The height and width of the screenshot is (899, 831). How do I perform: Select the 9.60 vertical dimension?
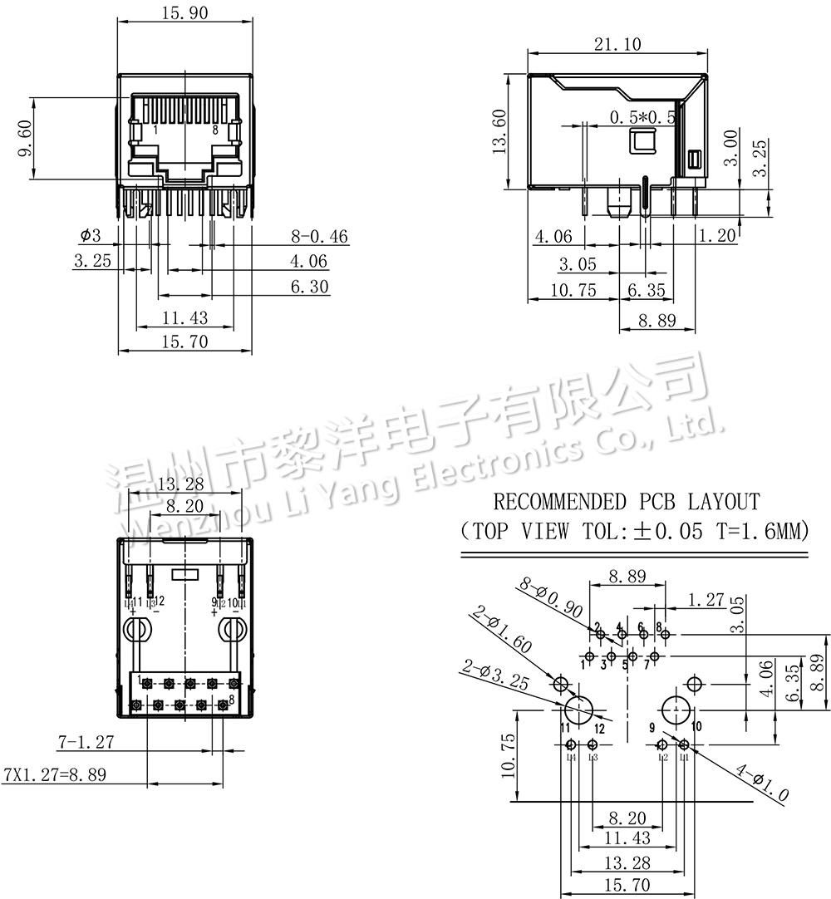(25, 138)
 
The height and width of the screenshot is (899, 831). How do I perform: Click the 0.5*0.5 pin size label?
(642, 117)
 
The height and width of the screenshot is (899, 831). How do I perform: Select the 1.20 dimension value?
(718, 235)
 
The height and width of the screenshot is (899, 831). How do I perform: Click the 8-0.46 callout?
(319, 236)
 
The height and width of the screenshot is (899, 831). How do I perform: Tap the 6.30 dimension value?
(308, 287)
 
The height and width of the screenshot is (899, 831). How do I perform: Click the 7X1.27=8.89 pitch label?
(55, 774)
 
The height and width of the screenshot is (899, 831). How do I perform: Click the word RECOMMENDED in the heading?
(560, 501)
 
